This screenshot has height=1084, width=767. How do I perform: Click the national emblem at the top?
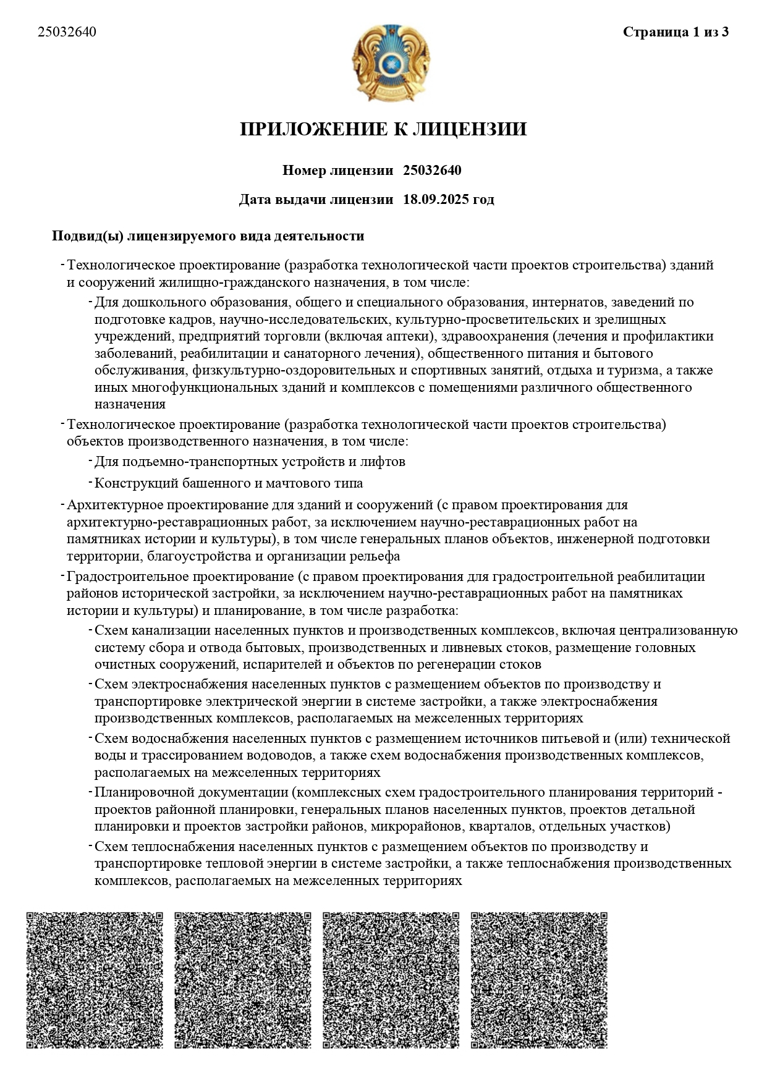[390, 63]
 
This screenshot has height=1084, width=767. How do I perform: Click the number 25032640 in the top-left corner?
[67, 32]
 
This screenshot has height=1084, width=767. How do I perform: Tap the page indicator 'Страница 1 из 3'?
[676, 32]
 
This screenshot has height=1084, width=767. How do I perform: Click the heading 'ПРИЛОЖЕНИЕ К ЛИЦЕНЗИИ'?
[383, 129]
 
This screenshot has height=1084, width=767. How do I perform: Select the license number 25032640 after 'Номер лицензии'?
[432, 171]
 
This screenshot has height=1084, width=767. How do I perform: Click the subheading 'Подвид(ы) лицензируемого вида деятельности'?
[208, 236]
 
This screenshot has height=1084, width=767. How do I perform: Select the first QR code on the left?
[95, 980]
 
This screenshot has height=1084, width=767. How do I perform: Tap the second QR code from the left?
[243, 980]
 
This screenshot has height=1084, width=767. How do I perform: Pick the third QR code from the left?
[391, 980]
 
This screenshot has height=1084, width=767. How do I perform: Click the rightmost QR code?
[540, 980]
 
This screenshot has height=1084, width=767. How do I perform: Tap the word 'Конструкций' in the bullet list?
[132, 483]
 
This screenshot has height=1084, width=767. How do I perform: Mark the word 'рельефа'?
[375, 556]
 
